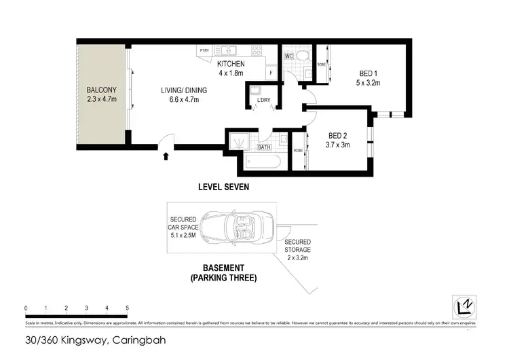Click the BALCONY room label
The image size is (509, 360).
[x=100, y=90]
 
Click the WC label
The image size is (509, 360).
[x=288, y=56]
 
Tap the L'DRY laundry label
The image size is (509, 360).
[x=263, y=101]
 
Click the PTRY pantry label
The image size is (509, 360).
[x=204, y=50]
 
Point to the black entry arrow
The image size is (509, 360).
[x=166, y=157]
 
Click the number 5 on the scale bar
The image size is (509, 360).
[x=128, y=309]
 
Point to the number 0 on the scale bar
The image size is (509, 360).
[x=26, y=309]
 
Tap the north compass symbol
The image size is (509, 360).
[x=464, y=306]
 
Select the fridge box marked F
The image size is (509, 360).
[x=271, y=72]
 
